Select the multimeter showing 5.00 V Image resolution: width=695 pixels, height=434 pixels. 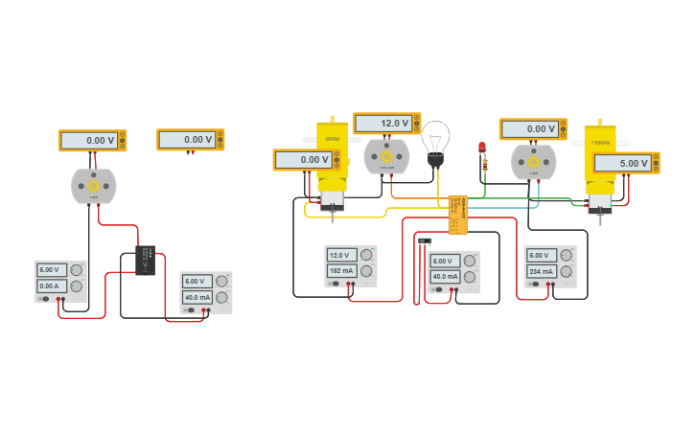tap(624, 164)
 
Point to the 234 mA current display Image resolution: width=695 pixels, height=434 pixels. tap(542, 271)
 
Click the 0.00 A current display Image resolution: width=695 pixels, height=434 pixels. tap(52, 286)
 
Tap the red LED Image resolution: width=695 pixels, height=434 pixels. tap(482, 147)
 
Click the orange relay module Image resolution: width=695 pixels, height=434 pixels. tap(457, 215)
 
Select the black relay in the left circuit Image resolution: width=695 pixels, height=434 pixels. tap(145, 260)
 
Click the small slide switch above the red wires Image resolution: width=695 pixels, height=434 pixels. tap(425, 240)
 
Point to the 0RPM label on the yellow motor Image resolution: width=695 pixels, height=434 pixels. tap(332, 139)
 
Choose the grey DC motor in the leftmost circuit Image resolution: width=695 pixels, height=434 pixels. tap(94, 186)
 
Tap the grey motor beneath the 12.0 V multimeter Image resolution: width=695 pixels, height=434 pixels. tap(386, 157)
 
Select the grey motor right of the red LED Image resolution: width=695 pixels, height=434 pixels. tap(534, 162)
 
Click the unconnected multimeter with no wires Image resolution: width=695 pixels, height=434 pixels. tap(190, 140)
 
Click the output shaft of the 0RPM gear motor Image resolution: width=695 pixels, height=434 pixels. tap(332, 215)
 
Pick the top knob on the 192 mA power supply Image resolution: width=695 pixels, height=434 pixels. tap(367, 255)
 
